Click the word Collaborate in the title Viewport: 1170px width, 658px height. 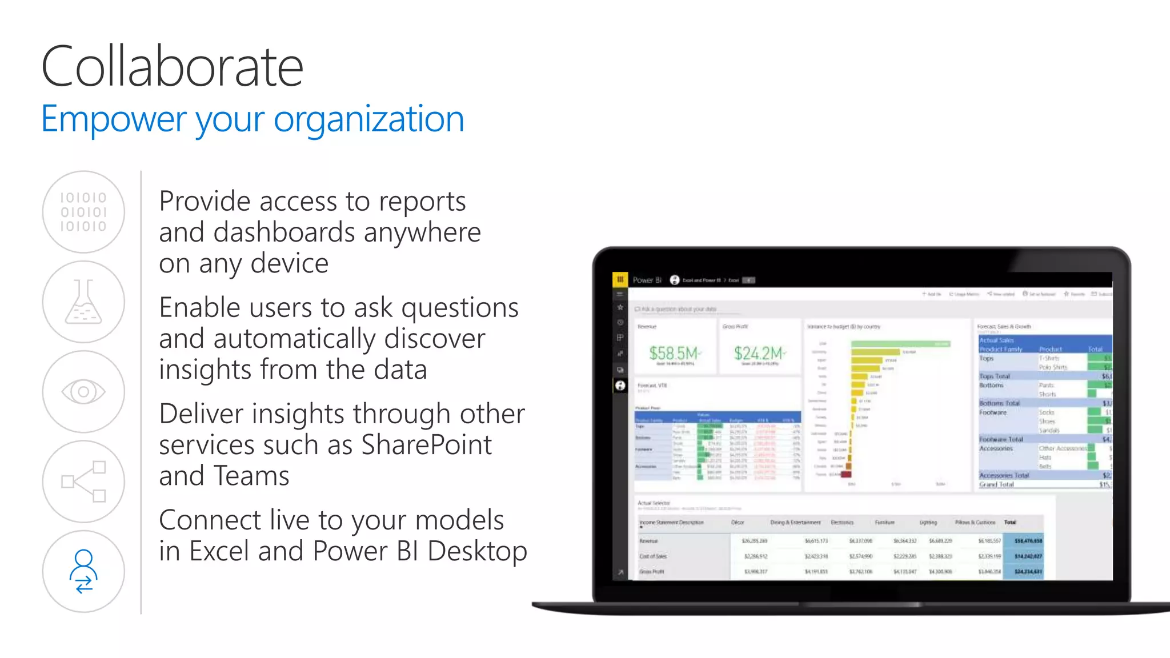pos(172,67)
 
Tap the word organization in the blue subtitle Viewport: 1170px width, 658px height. pos(368,119)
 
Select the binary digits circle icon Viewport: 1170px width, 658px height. pos(83,212)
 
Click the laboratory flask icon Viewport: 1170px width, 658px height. pos(83,302)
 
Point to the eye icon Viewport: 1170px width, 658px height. pos(83,392)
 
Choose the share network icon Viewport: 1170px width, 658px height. pos(83,482)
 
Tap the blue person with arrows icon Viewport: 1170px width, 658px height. pos(83,571)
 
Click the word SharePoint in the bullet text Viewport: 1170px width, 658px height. pos(426,445)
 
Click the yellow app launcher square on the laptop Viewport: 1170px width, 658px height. pos(620,279)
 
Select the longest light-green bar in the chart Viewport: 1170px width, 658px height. pos(900,344)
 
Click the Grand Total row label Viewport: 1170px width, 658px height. pos(996,484)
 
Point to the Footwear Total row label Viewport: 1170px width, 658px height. pos(1001,439)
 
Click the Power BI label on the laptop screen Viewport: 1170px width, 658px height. pos(647,280)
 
